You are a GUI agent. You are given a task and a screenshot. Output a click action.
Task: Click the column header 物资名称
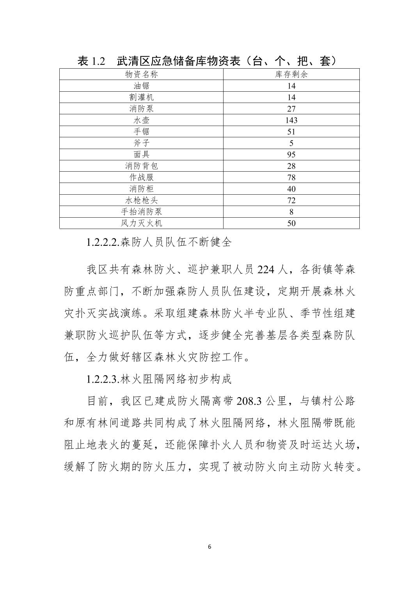pos(141,74)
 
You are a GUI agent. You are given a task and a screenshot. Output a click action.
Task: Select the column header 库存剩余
pos(291,74)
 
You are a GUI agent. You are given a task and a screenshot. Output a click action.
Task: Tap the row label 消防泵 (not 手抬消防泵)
pos(141,108)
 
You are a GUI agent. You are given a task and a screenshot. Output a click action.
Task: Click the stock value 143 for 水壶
pos(291,120)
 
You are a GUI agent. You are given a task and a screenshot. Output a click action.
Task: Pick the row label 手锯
pos(141,131)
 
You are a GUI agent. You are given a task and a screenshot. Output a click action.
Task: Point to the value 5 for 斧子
pos(291,143)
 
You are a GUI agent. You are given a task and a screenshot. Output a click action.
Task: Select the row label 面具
pos(141,154)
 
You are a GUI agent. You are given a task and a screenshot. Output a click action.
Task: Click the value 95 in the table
pos(291,154)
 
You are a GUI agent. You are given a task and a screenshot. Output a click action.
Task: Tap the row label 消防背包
pos(141,166)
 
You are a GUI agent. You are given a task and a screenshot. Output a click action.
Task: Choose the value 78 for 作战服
pos(291,178)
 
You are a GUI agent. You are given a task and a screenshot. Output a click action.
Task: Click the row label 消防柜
pos(141,189)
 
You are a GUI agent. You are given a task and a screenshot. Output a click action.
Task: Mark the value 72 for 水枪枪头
pos(291,201)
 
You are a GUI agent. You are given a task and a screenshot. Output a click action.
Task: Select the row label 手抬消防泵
pos(141,212)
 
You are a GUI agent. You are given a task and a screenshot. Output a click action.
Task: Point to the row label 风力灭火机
pos(141,223)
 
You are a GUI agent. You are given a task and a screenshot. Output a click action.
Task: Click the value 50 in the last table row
pos(291,223)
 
